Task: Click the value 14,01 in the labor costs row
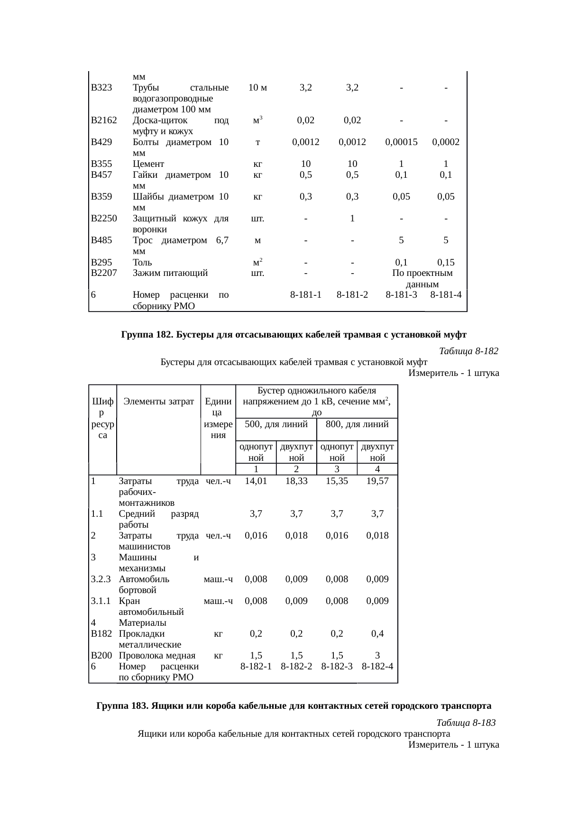(256, 481)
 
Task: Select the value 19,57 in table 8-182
(377, 481)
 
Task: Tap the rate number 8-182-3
(337, 666)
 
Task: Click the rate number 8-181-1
(306, 294)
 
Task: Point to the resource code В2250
(104, 219)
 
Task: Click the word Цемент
(148, 164)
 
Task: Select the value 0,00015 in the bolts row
(401, 142)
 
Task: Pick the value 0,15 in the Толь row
(446, 262)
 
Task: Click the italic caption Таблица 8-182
(469, 351)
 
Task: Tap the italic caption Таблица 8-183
(466, 723)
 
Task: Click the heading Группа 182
(294, 335)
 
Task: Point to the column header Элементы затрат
(159, 402)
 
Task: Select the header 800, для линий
(357, 424)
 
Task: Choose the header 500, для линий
(276, 424)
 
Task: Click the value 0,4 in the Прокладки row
(377, 633)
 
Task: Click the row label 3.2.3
(101, 579)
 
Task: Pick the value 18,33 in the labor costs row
(296, 481)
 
